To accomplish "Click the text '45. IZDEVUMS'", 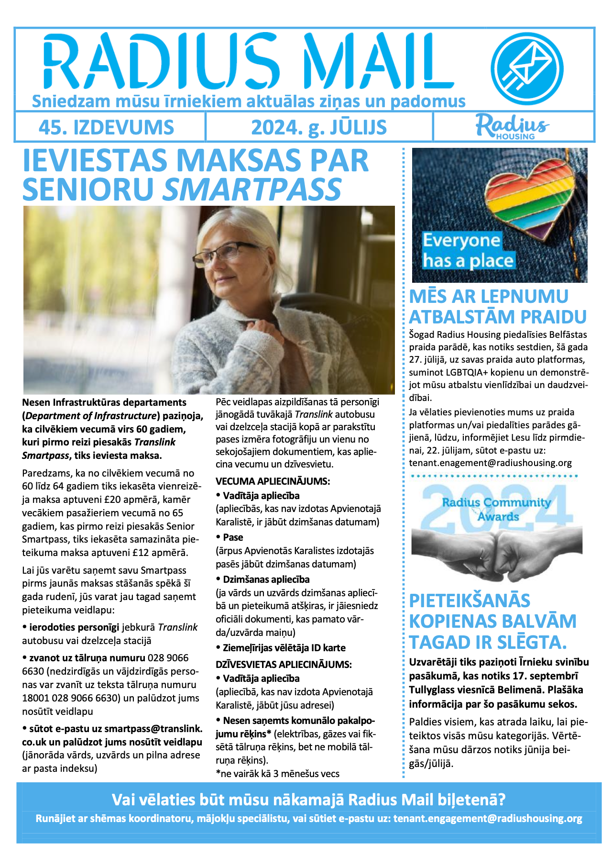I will click(106, 128).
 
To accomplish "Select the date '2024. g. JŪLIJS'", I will click(319, 128).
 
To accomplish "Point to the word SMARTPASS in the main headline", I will click(252, 189).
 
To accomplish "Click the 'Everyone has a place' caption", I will click(468, 251).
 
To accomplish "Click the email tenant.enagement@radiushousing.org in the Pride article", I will click(490, 463).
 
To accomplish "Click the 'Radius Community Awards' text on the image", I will click(497, 509).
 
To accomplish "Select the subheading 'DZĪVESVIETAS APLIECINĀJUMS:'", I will click(284, 664).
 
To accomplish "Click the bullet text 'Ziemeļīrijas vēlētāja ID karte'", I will click(284, 648).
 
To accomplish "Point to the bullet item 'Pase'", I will click(233, 537).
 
